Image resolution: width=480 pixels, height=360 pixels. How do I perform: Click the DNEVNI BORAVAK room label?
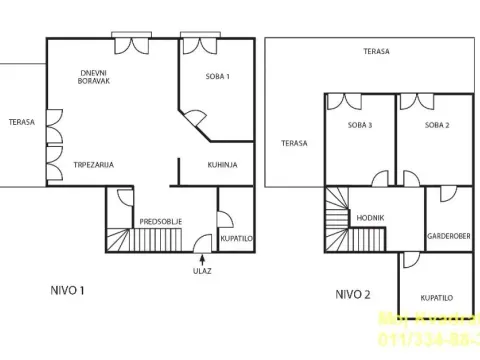coord(95,78)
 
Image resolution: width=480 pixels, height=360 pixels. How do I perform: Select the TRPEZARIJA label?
coord(92,164)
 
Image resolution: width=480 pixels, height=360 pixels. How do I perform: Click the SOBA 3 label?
coord(360,125)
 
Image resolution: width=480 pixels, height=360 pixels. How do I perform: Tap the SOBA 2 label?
coord(436,125)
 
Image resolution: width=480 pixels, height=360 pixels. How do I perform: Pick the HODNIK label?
coord(371,217)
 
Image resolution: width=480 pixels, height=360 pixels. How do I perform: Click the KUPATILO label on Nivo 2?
coord(436,297)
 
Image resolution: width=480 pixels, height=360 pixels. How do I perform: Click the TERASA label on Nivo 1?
coord(20,122)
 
